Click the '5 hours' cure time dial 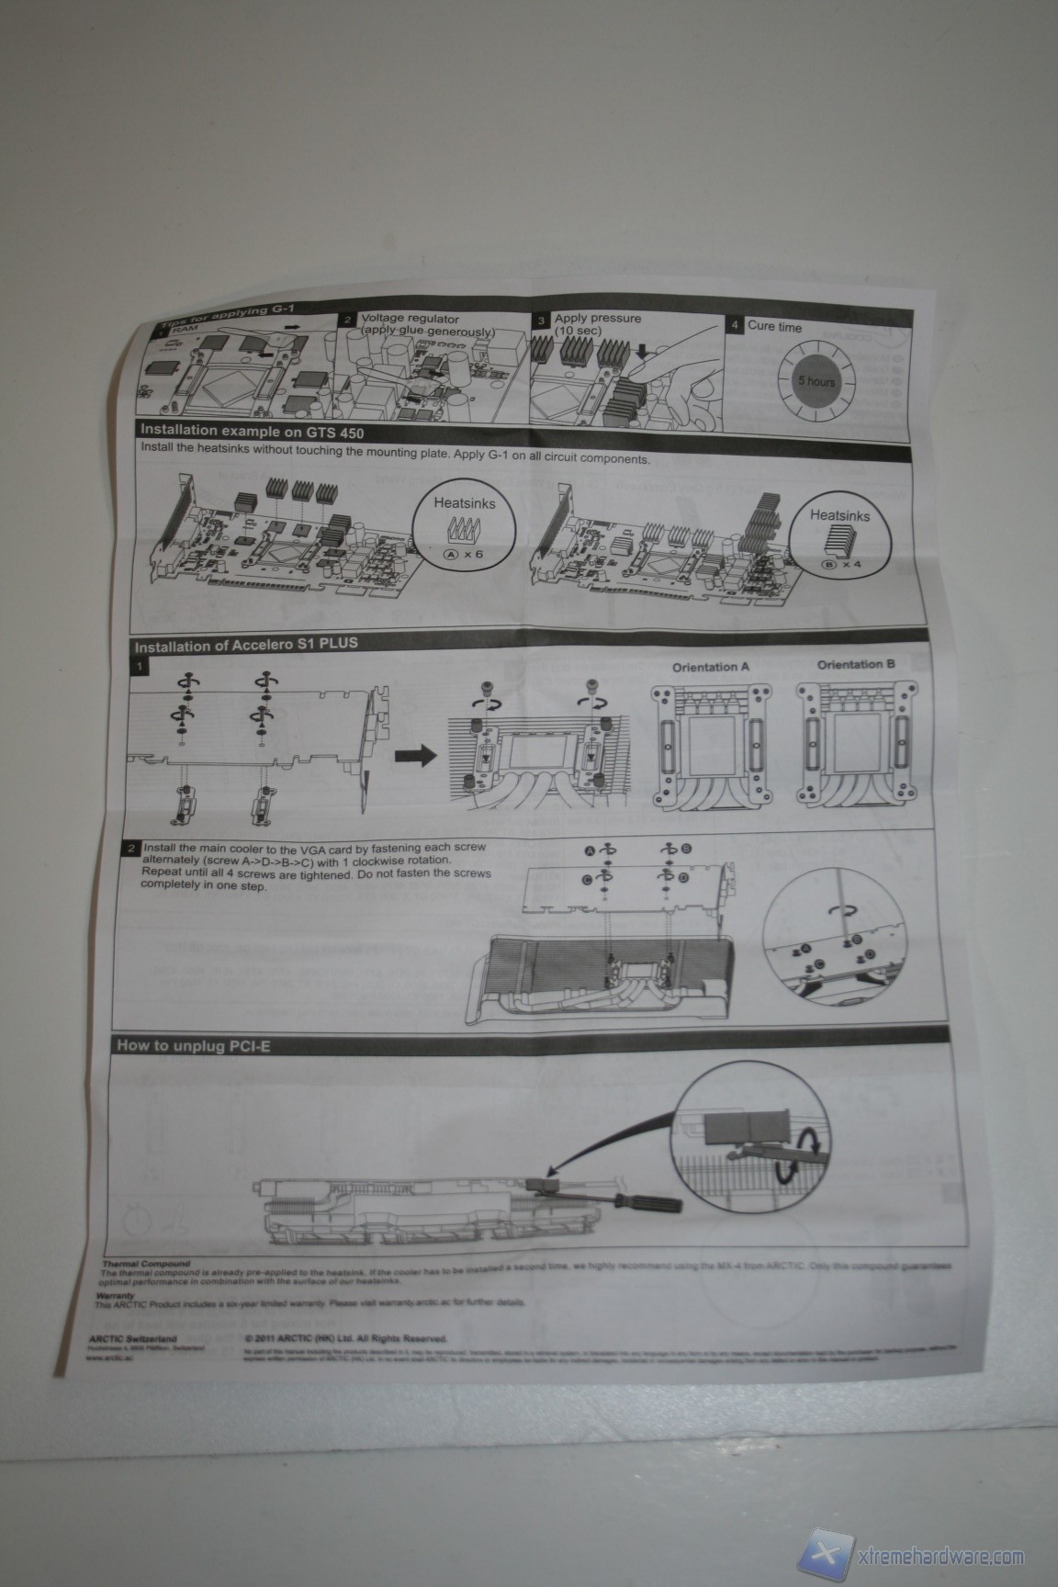point(816,379)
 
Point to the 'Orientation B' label point(856,664)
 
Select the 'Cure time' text point(774,326)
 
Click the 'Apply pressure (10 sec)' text point(597,324)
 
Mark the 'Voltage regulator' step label point(410,320)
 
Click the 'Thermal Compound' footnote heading point(147,1265)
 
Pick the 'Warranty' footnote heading point(115,1297)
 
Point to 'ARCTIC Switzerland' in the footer point(135,1339)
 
